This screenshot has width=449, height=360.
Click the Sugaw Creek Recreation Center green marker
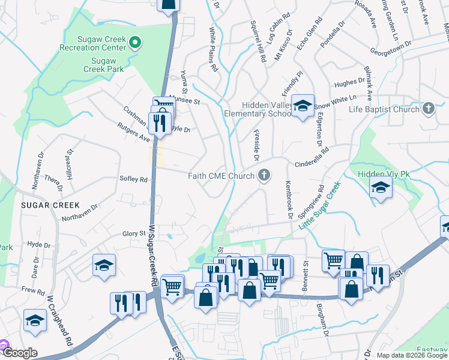[136, 43]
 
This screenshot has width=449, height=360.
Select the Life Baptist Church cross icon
[428, 109]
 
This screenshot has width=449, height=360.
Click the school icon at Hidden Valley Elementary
[303, 106]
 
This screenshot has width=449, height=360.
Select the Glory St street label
[134, 233]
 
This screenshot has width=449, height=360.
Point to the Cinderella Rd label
[312, 158]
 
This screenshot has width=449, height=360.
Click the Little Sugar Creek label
[319, 205]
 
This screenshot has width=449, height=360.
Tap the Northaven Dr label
[79, 214]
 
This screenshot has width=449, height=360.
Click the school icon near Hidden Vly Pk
[381, 188]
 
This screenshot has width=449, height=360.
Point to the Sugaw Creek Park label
[107, 65]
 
